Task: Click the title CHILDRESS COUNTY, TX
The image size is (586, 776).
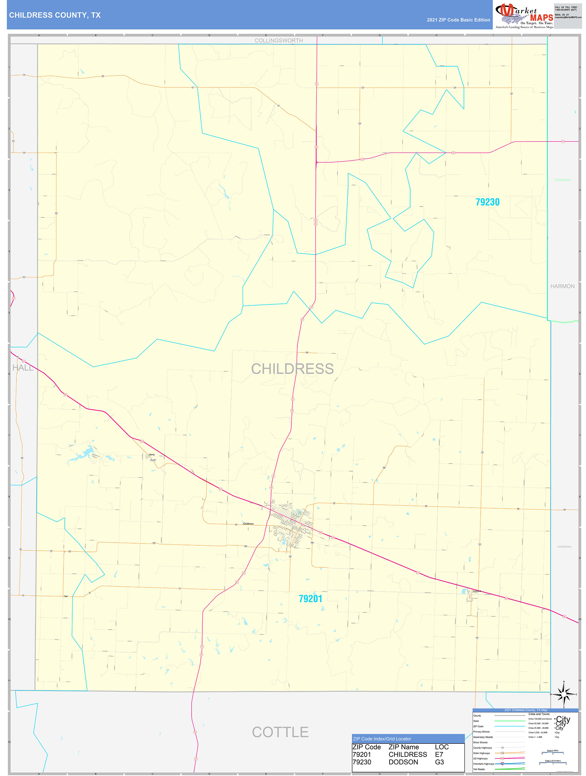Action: [55, 15]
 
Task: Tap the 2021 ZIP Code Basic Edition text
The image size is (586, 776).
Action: [458, 20]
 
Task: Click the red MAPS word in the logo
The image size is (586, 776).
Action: [541, 18]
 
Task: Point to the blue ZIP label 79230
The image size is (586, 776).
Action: [487, 202]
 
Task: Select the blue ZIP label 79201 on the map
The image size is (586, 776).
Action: [310, 598]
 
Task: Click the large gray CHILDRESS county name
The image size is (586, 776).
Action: [292, 369]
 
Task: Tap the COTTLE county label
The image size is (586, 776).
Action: [280, 732]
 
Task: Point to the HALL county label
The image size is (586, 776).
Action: [23, 368]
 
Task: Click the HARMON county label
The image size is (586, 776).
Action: [562, 286]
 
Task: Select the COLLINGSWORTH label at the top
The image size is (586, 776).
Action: [279, 41]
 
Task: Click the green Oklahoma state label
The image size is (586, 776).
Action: [562, 180]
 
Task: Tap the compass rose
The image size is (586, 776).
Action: [564, 694]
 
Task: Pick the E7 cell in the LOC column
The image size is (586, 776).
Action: [439, 754]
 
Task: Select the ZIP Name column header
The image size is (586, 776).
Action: [404, 747]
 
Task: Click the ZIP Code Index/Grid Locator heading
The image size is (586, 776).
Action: [382, 739]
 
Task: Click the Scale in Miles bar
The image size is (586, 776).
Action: [552, 752]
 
